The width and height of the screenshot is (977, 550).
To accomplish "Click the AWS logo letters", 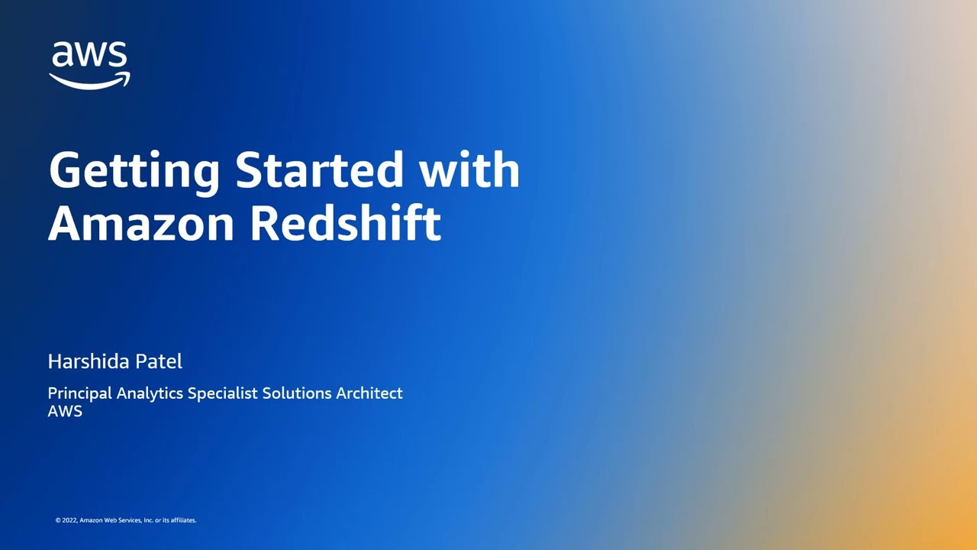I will click(89, 56).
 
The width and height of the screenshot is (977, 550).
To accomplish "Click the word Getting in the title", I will click(134, 170).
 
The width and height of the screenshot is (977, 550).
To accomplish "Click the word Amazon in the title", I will click(141, 223).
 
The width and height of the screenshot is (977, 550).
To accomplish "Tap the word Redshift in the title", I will click(346, 223).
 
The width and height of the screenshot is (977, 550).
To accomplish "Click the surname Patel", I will click(162, 361).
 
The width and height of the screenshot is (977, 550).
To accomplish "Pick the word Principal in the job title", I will click(79, 393).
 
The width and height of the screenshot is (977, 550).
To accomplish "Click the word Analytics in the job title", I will click(150, 393).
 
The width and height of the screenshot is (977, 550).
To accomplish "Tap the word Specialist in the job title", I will click(223, 393).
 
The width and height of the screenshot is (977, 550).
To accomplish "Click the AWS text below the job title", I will click(65, 412).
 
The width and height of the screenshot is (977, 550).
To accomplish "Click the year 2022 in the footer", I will click(69, 520).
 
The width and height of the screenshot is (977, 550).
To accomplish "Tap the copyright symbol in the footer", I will click(57, 520).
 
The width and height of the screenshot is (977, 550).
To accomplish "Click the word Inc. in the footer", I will click(149, 520).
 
